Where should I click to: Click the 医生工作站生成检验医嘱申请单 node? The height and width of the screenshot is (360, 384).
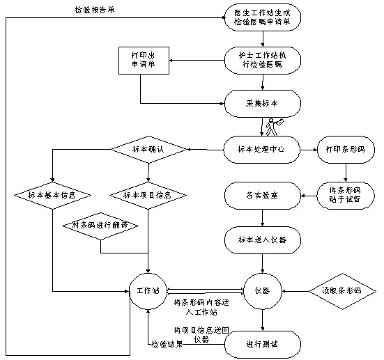(263, 19)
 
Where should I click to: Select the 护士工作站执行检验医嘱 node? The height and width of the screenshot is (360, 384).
(263, 61)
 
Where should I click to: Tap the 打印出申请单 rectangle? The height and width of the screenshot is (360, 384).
(141, 61)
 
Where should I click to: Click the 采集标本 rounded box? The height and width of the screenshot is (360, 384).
(263, 103)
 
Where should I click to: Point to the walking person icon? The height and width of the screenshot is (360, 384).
(274, 125)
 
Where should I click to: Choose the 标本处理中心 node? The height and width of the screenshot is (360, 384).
(263, 148)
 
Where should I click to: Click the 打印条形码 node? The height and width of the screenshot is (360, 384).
(346, 148)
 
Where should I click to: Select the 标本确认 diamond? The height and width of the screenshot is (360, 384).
(148, 148)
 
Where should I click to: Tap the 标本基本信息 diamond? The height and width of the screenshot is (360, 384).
(52, 194)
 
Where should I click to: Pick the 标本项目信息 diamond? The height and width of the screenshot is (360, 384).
(147, 194)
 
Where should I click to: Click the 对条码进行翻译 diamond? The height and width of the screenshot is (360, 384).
(100, 226)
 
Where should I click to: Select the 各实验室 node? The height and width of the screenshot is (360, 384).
(263, 194)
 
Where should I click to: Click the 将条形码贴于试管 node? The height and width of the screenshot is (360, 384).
(346, 194)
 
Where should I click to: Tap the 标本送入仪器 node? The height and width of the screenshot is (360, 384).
(263, 240)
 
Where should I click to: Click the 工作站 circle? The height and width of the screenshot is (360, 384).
(148, 289)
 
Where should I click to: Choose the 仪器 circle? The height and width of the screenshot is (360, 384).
(262, 289)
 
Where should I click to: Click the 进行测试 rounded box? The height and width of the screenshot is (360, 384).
(263, 343)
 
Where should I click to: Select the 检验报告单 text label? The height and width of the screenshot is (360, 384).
(95, 10)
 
